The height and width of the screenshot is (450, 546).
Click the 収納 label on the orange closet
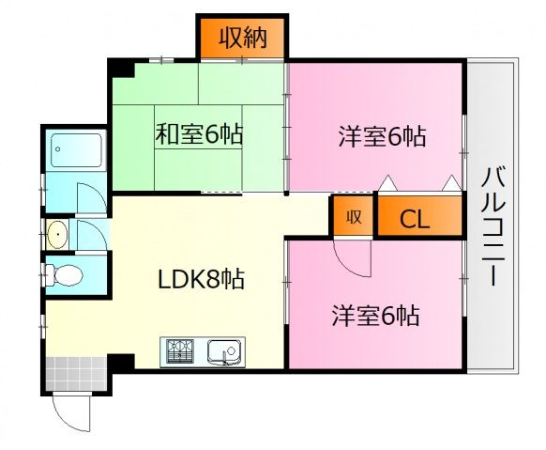[243, 38]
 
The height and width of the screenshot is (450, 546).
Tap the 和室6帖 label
[199, 135]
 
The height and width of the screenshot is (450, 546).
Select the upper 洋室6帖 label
[382, 137]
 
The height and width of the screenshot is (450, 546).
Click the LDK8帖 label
[201, 279]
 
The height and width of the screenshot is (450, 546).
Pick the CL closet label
[415, 222]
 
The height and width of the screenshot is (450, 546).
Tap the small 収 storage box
[353, 218]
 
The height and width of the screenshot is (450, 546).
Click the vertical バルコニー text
[493, 226]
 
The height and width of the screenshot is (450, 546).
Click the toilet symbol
[65, 275]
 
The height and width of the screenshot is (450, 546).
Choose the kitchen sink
[223, 352]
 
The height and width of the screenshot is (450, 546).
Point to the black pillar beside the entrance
[122, 361]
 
